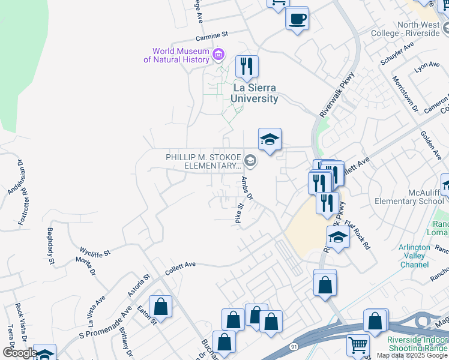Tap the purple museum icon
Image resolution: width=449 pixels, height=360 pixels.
(x=218, y=56)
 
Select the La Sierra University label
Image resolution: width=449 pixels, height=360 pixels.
(x=255, y=94)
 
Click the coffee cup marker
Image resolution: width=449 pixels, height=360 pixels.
(x=297, y=19)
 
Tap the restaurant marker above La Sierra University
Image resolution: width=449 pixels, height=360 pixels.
(x=246, y=67)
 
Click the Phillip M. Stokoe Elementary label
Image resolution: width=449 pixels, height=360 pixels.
(x=203, y=161)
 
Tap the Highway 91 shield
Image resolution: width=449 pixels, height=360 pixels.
(x=294, y=347)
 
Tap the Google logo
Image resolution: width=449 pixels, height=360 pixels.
(x=19, y=353)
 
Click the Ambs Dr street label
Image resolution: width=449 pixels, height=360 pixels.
(x=248, y=188)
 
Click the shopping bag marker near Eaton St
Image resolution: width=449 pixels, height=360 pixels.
(x=161, y=307)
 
